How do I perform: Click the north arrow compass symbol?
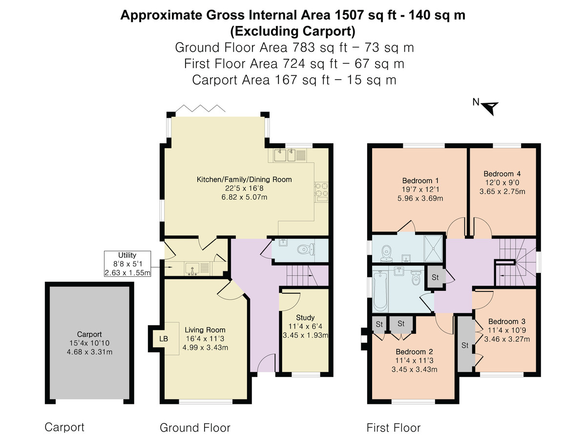point(490,107)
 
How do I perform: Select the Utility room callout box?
point(127,264)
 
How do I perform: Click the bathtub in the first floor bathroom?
point(379,292)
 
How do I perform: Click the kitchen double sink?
point(285,156)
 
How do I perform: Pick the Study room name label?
point(305,317)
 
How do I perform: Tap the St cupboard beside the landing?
point(435,278)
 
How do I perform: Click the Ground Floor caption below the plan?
point(195,428)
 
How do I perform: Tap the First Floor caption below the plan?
point(393,428)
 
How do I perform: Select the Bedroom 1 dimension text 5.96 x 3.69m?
point(420,198)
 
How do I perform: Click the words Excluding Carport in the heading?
point(293,31)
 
